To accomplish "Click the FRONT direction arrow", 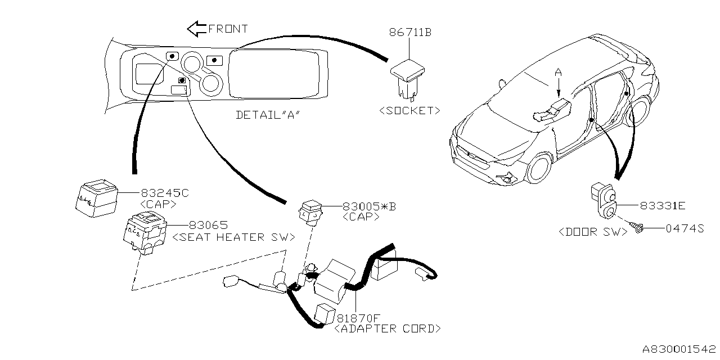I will [196, 28].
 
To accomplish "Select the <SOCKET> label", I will [410, 110].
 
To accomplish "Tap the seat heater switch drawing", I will [145, 234].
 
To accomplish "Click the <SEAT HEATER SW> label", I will [233, 237].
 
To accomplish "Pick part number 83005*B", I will [369, 206].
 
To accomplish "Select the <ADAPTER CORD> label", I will [388, 328].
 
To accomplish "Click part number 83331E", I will [662, 206].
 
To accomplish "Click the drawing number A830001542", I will [677, 349].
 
